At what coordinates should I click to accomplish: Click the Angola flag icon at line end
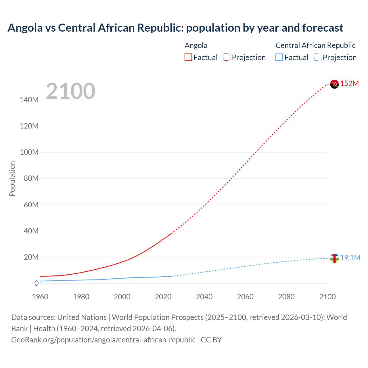pos(334,84)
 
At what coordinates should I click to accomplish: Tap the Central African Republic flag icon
pos(334,258)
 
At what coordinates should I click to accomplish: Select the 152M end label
pos(349,84)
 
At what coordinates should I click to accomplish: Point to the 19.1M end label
pos(350,258)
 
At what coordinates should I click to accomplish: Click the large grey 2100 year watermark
pos(70,91)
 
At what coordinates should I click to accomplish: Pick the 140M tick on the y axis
pos(29,100)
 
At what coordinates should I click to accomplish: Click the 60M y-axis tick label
pos(31,205)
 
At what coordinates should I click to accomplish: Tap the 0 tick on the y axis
pos(36,283)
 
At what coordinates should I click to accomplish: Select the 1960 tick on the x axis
pos(40,297)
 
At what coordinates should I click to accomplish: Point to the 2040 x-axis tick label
pos(204,297)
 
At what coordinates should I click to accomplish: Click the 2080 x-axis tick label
pos(286,297)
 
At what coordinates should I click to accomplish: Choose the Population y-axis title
pos(12,179)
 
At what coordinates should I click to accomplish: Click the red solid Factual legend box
pos(188,57)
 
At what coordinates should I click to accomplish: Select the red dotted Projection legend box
pos(227,57)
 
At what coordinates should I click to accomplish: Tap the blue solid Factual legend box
pos(279,57)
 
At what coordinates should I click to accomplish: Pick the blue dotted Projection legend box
pos(317,57)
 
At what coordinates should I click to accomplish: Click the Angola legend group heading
pos(196,45)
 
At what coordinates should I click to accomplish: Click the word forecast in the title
pos(323,28)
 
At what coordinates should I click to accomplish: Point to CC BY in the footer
pos(211,340)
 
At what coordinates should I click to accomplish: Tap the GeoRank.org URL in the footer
pos(103,340)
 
